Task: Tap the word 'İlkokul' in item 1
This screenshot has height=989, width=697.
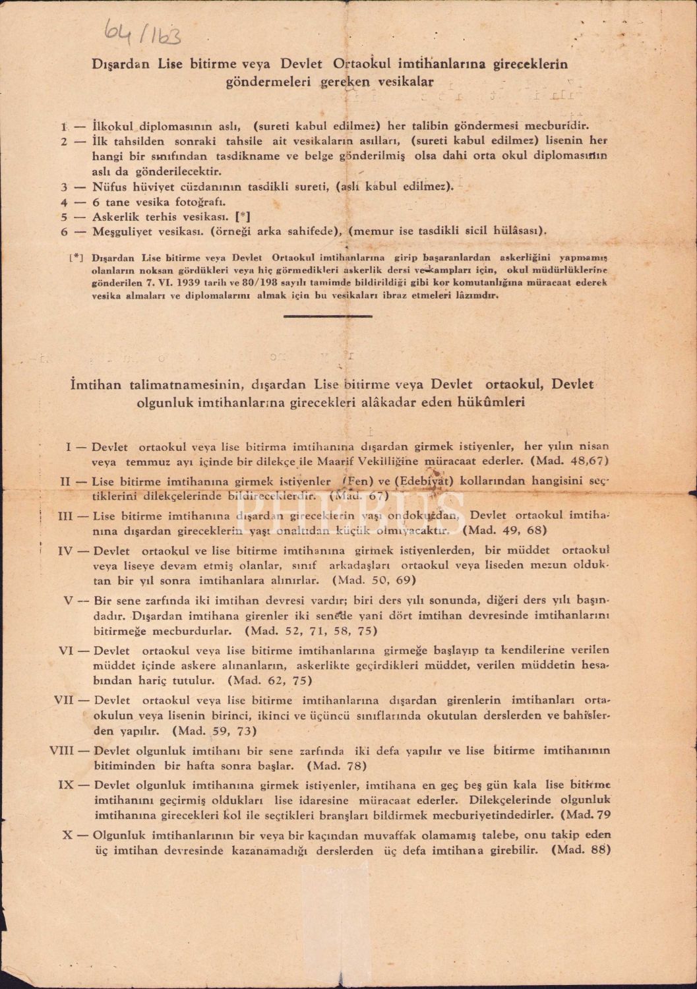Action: tap(114, 125)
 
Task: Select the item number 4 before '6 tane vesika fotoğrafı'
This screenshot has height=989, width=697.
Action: tap(64, 202)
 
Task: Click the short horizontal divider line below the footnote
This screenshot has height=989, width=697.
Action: tap(327, 315)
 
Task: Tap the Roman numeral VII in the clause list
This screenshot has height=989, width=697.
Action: tap(63, 699)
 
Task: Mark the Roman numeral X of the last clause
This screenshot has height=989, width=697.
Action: tap(66, 834)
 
